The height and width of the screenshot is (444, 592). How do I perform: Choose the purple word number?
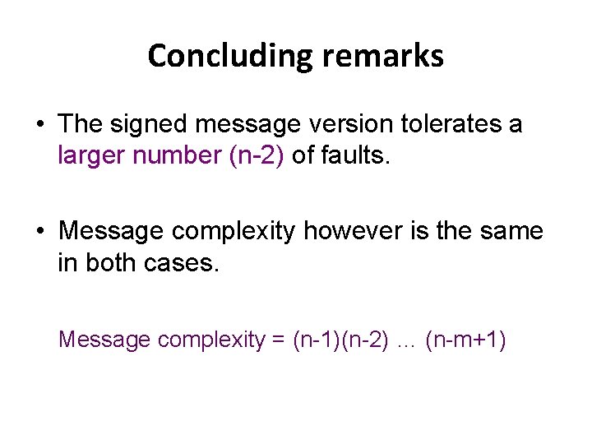pyautogui.click(x=177, y=155)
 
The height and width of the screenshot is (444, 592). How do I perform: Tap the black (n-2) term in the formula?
pyautogui.click(x=366, y=339)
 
